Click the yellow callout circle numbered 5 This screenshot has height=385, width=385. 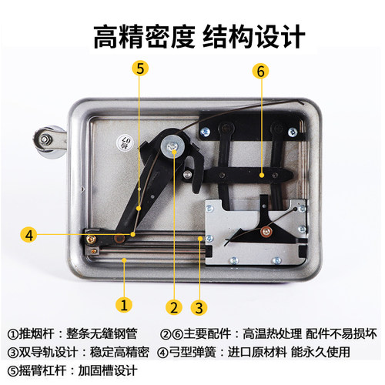(139, 68)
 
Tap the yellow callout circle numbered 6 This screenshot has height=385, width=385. (260, 72)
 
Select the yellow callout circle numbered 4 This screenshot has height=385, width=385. (28, 233)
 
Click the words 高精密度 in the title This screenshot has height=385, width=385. (139, 35)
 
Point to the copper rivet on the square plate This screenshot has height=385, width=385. (266, 229)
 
